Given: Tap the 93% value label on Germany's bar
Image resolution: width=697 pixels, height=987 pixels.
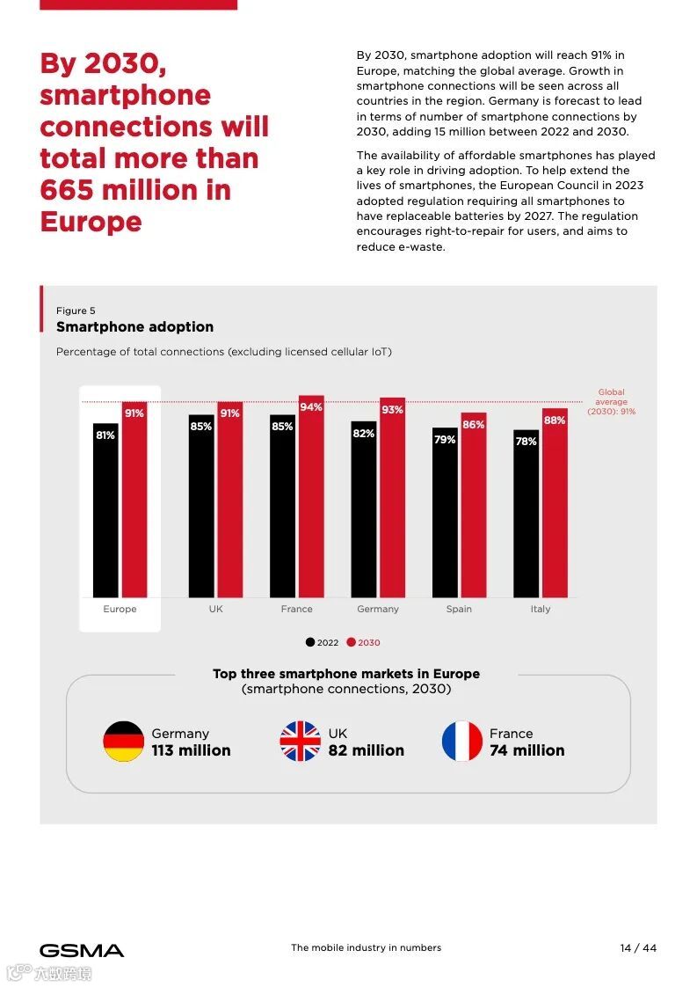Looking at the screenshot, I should (x=392, y=410).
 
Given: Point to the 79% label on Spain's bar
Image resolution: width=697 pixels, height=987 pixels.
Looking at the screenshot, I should (x=445, y=439).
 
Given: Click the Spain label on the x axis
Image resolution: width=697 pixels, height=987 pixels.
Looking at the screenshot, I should (x=459, y=609).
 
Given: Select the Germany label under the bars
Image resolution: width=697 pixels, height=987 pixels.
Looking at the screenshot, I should (x=378, y=609).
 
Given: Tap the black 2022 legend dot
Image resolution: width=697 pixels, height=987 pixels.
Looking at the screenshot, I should (x=310, y=642).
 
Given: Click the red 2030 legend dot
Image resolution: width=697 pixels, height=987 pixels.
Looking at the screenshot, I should (x=351, y=642).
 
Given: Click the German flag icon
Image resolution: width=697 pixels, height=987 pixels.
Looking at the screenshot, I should (x=124, y=742).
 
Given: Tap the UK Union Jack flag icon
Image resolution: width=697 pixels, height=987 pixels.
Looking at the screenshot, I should (x=301, y=742).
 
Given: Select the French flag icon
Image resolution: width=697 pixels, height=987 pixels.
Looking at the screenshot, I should (x=462, y=742).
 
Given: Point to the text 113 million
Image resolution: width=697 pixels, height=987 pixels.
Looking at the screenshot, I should (x=191, y=750).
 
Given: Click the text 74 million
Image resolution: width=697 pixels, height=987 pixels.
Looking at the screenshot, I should (x=527, y=750).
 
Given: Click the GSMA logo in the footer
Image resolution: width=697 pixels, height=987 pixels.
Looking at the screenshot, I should (x=82, y=950).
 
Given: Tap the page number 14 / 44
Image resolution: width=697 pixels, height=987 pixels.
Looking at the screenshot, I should (x=638, y=947).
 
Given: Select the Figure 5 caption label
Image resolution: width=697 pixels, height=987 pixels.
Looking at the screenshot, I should (x=76, y=311).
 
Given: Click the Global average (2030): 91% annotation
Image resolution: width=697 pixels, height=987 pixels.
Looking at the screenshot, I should (x=612, y=402).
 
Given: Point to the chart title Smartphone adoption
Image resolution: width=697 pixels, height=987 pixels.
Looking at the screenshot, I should (x=134, y=326).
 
